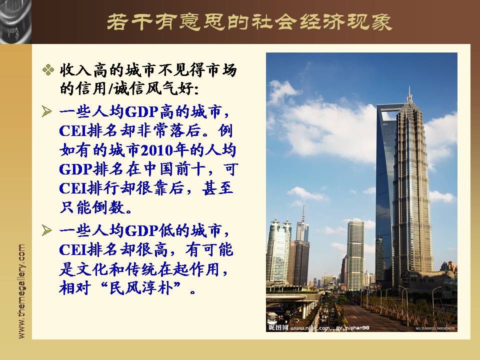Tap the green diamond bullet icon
tap(48, 70)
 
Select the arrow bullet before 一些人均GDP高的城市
tap(47, 111)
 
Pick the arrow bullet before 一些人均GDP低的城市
tap(47, 230)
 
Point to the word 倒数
tap(109, 207)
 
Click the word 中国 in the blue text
tap(159, 169)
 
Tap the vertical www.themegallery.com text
tap(21, 291)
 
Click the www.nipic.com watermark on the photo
tap(310, 328)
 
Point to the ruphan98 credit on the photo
tap(357, 328)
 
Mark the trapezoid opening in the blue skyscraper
tap(388, 114)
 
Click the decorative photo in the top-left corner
tap(15, 21)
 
